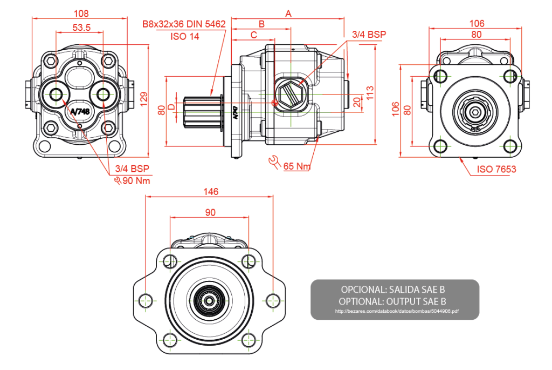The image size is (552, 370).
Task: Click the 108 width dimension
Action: (80, 13)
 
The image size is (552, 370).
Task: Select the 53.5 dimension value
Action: (80, 27)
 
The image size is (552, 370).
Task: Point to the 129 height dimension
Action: (143, 99)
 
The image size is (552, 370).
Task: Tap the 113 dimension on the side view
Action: (370, 93)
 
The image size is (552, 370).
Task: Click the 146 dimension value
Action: (210, 191)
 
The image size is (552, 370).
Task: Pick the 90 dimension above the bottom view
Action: (210, 212)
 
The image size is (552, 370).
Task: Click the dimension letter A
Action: (288, 14)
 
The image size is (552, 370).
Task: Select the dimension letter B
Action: (262, 24)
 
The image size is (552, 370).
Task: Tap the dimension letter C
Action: (253, 35)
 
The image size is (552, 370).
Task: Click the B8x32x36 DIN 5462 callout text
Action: (183, 24)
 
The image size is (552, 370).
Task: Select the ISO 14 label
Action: (185, 37)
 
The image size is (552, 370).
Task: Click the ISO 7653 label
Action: (496, 169)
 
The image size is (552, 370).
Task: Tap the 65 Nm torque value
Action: (296, 166)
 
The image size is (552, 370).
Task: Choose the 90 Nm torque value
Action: (136, 180)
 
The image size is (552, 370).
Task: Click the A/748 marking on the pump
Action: (80, 111)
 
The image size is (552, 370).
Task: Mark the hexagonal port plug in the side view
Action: (292, 93)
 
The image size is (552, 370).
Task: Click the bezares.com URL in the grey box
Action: (397, 311)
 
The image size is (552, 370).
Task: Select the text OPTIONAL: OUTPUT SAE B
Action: (394, 301)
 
